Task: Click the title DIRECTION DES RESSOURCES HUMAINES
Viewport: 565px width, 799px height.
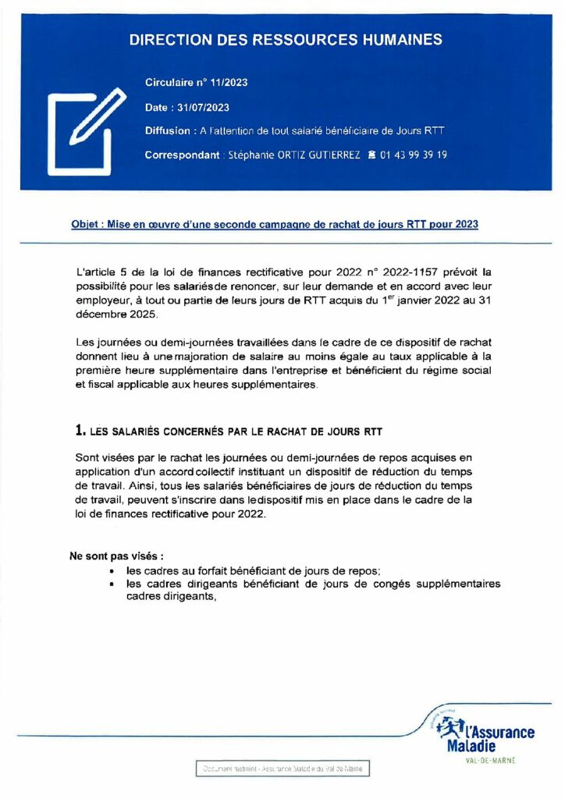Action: coord(286,40)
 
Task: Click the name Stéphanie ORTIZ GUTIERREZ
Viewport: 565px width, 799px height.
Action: coord(293,155)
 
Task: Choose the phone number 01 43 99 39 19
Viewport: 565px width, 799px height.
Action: coord(414,155)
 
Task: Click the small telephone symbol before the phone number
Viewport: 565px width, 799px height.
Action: coord(371,155)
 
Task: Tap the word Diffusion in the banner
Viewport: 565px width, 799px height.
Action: coord(167,131)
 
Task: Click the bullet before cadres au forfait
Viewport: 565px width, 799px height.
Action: coord(114,571)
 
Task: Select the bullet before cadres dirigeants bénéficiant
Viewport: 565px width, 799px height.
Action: coord(114,584)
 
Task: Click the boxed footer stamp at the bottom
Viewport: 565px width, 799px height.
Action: coord(282,769)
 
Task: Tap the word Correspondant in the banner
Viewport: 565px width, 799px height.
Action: coord(182,155)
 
